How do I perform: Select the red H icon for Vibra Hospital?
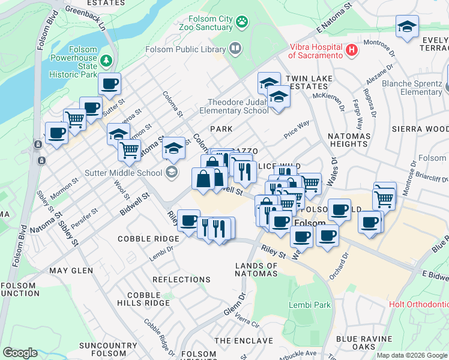coord(352,50)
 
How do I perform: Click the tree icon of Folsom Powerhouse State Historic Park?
coord(106,60)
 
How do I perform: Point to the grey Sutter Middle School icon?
coord(172,173)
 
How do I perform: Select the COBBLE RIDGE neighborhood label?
coord(145,238)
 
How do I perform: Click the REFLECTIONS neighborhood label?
coord(181,280)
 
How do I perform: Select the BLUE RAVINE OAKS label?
coord(364,343)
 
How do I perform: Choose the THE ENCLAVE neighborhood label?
coord(240,340)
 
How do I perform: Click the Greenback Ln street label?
coord(85,19)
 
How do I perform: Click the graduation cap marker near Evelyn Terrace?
coord(407,26)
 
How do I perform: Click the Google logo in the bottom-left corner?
coord(20,353)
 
